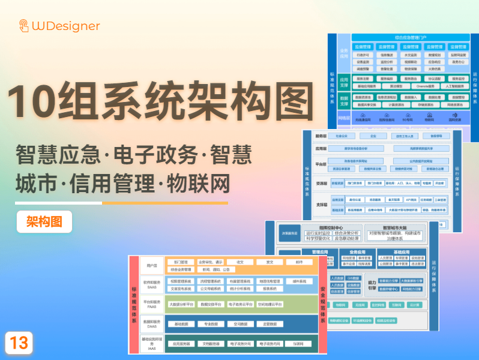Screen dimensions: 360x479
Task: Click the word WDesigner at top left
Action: [66, 26]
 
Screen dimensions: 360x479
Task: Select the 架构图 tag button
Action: [44, 221]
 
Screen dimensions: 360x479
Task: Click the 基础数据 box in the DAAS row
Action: [181, 324]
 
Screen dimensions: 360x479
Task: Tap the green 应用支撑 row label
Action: [345, 80]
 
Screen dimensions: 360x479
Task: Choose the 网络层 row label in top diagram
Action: [345, 118]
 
